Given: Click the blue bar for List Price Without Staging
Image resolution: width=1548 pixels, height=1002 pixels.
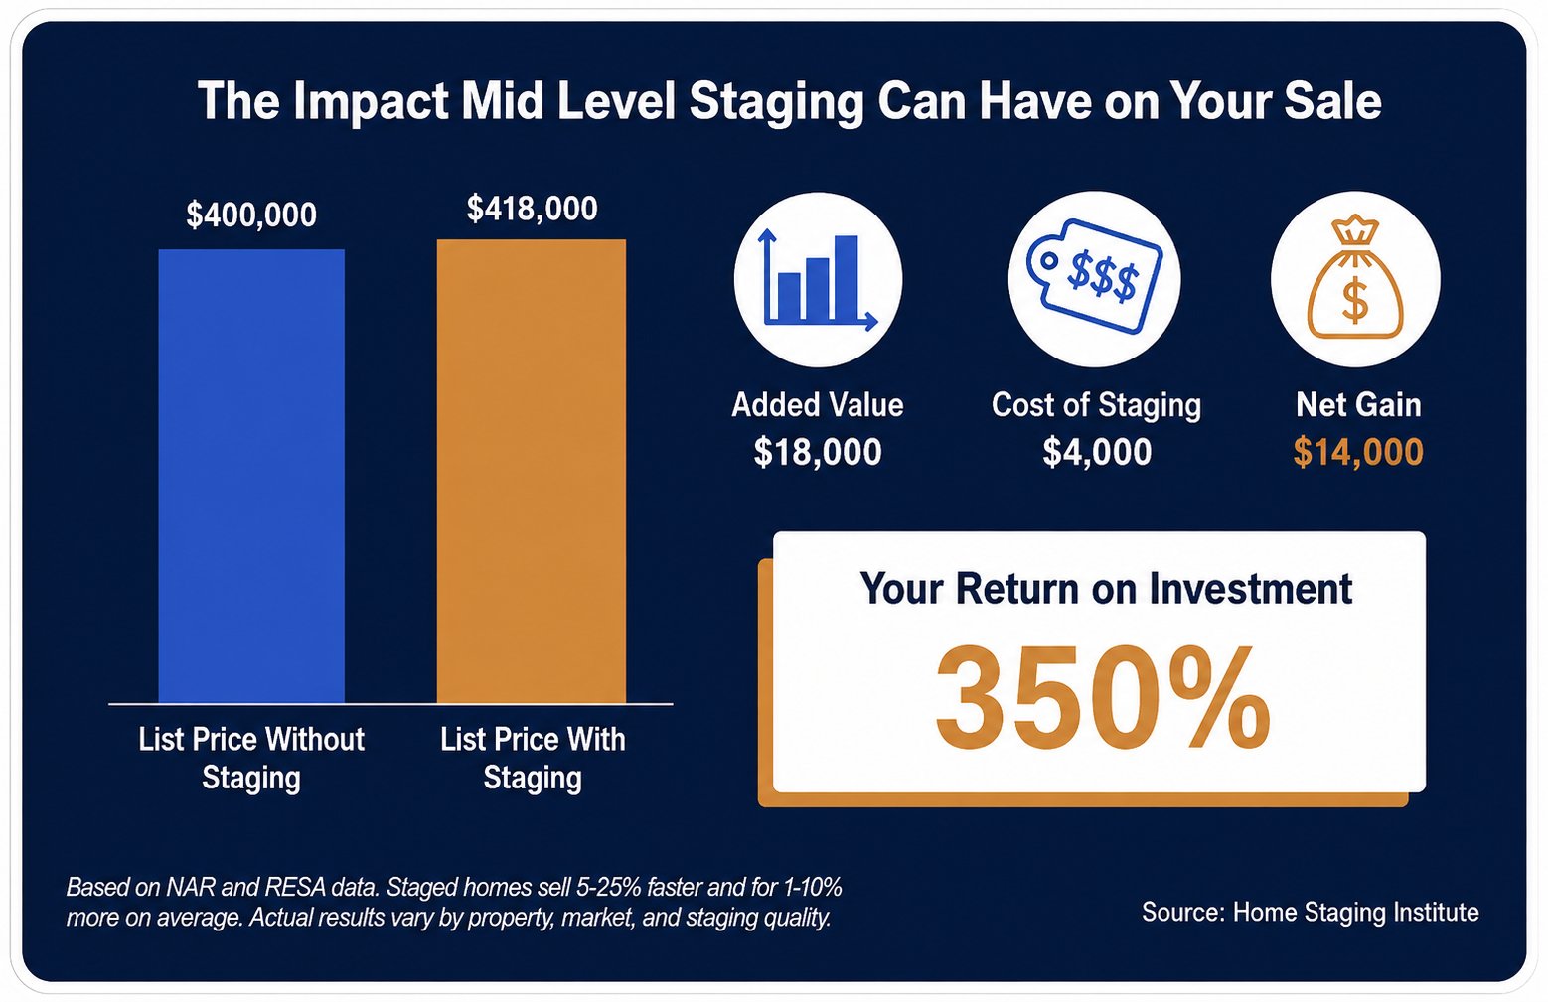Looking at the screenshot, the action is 251,477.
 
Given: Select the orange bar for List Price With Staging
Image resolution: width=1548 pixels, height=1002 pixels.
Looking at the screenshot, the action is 532,472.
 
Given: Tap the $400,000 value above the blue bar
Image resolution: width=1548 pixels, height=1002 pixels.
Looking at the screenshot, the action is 251,215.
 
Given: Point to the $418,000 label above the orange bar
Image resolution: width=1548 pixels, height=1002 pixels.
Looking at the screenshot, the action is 533,209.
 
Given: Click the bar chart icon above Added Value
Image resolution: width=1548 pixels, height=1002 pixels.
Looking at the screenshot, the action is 819,280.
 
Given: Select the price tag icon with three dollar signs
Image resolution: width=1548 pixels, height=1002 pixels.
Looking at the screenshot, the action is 1095,276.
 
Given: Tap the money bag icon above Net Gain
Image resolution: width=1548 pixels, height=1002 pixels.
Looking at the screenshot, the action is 1355,278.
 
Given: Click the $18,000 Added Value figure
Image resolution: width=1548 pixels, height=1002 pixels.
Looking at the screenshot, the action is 818,452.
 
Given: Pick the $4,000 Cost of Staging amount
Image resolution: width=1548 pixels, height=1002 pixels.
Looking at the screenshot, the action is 1097,452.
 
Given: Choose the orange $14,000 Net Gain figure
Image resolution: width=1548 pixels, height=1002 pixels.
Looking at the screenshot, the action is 1358,452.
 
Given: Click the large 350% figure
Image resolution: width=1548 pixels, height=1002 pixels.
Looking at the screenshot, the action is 1102,699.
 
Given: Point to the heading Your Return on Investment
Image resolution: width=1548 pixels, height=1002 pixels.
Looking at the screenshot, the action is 1106,589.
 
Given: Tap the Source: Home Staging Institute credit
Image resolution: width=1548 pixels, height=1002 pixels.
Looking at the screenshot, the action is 1311,913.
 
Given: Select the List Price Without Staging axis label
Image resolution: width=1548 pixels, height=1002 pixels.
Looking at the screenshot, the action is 251,759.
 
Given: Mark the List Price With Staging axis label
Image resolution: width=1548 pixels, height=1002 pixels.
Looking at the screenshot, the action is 533,759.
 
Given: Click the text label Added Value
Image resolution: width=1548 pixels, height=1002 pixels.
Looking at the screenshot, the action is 818,404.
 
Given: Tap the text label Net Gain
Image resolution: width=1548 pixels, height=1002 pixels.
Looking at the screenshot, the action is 1358,404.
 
